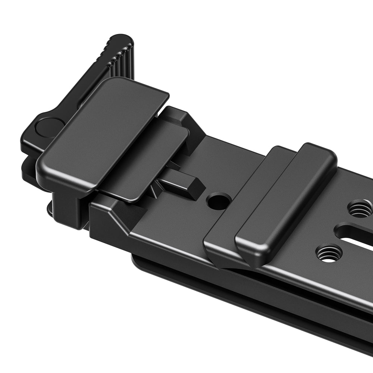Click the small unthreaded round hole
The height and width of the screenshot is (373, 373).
[x=218, y=202]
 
